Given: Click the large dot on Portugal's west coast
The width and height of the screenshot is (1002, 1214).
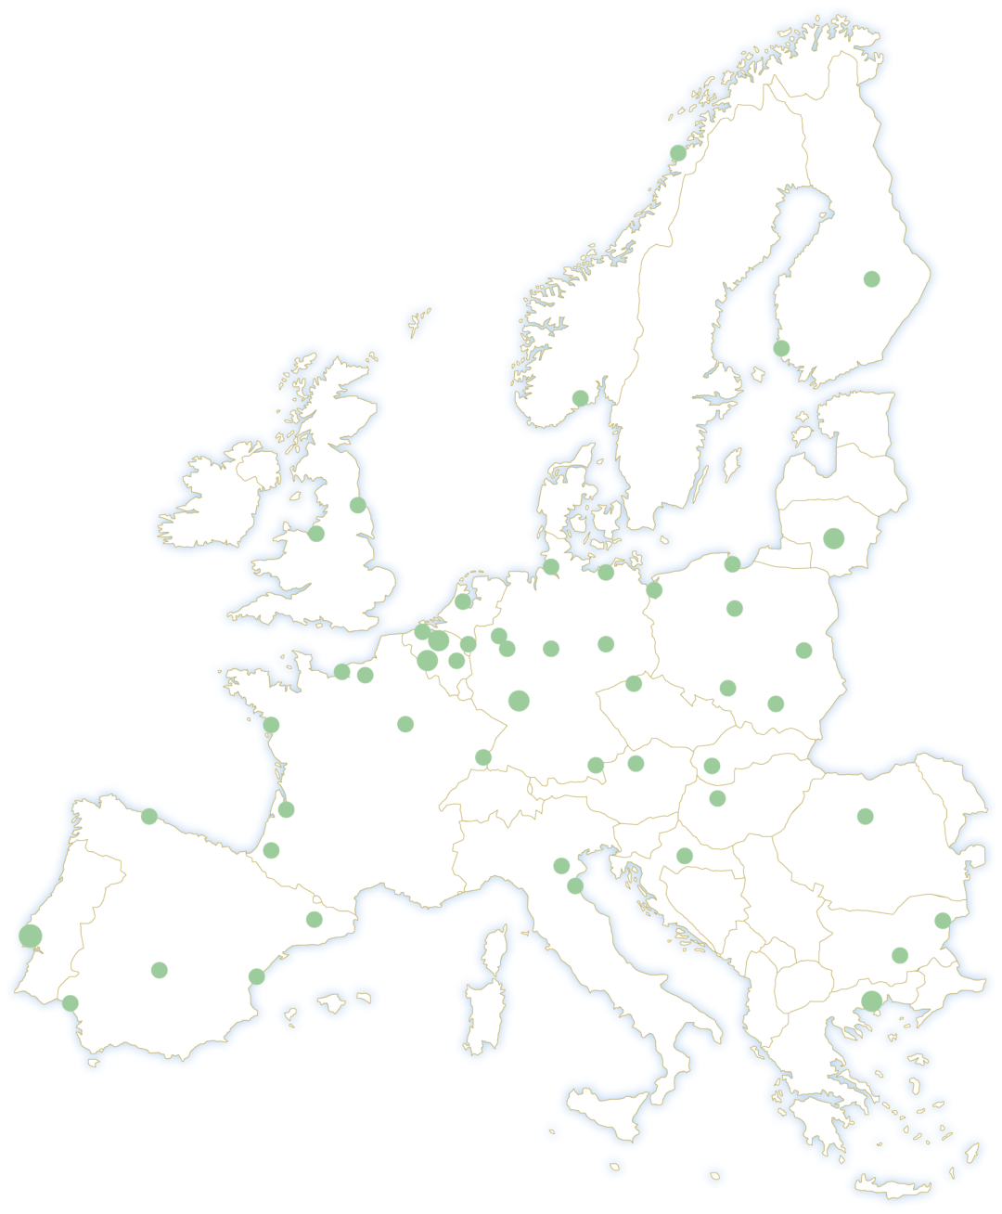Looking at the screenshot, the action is [31, 936].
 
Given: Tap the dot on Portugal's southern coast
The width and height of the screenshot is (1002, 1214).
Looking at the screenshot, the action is [71, 1003].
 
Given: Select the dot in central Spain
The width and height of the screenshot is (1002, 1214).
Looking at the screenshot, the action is [160, 970].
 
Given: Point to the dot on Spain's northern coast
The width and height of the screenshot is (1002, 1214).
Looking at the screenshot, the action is [149, 817].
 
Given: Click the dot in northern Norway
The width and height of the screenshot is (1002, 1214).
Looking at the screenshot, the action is [678, 153].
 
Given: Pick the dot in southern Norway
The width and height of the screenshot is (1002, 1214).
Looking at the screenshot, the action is [581, 398].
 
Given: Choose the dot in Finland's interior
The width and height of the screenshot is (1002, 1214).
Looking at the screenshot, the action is [872, 278].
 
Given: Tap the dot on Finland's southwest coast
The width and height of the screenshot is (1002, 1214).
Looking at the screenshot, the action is [782, 348].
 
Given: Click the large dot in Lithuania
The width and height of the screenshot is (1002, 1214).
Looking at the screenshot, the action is [834, 538].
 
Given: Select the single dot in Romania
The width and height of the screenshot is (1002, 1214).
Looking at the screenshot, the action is [866, 817].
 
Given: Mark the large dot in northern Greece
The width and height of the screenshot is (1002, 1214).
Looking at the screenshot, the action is [872, 1001].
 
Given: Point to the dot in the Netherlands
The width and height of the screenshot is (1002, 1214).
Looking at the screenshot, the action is [463, 601].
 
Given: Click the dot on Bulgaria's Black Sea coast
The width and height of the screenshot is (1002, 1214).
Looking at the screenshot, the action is [943, 921].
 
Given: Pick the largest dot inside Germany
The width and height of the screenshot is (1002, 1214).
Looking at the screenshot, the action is [520, 701].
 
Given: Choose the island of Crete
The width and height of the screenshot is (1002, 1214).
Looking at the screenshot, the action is [891, 1188].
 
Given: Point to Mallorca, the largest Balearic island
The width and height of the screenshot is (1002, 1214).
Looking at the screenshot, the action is [331, 1003].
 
